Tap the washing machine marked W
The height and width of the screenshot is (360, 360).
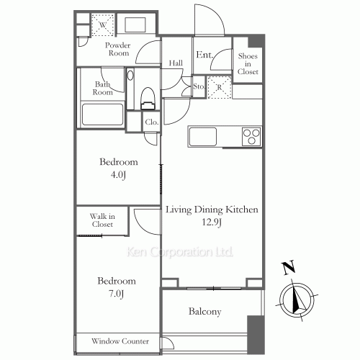[103, 25]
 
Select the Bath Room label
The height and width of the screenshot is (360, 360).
[104, 88]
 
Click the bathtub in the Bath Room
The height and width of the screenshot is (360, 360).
[103, 115]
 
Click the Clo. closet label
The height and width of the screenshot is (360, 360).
[152, 122]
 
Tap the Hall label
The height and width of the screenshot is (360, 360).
[176, 63]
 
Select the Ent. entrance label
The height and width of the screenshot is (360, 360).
[204, 55]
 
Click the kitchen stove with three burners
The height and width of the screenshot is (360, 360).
[251, 135]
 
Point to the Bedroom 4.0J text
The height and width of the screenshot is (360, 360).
[118, 167]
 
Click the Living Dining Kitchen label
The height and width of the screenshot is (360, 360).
[212, 210]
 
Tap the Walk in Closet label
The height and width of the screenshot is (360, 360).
[102, 220]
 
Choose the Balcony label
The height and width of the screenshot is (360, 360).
[205, 312]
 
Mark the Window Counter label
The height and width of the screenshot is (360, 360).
[120, 341]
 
